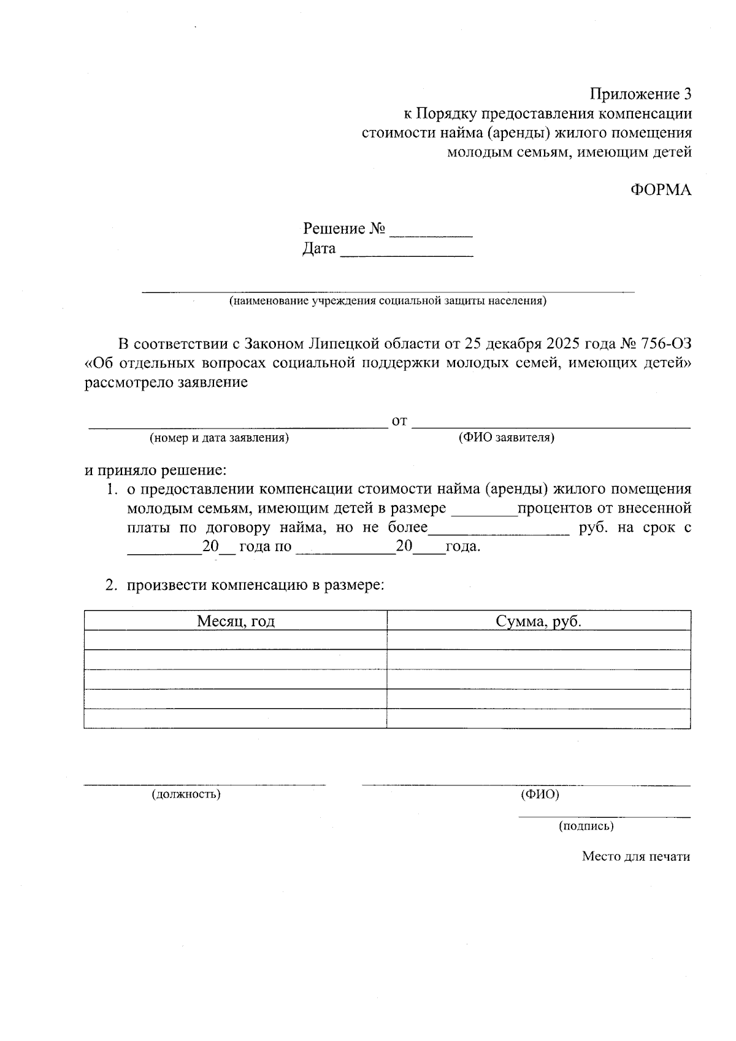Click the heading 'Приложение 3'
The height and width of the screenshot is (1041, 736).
click(x=640, y=94)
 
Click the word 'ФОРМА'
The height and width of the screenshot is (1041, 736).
click(x=661, y=190)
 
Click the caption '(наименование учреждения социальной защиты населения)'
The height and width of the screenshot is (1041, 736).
click(x=388, y=301)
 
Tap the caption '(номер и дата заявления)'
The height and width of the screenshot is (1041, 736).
click(x=219, y=438)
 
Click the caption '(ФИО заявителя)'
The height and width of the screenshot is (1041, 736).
click(x=507, y=438)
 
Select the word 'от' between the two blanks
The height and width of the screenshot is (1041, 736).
click(x=399, y=421)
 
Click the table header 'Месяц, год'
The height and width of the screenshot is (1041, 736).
click(x=236, y=621)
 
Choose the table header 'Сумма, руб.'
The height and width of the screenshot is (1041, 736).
click(x=539, y=621)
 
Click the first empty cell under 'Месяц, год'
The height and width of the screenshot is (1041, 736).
click(x=236, y=640)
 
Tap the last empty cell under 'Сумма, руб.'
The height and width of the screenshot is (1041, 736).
click(x=539, y=719)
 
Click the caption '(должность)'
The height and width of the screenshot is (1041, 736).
click(x=186, y=795)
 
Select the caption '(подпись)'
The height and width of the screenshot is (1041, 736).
click(x=586, y=826)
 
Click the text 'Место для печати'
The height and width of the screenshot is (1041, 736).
click(x=635, y=856)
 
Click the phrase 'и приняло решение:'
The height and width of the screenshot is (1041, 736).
click(x=156, y=471)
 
